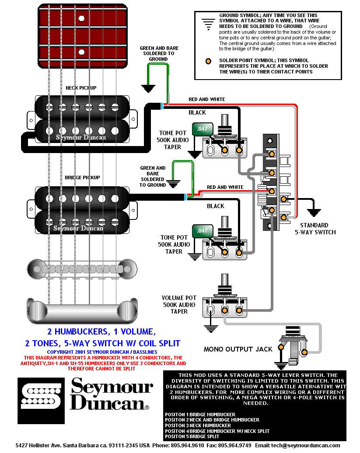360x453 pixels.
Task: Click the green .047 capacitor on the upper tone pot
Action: click(202, 129)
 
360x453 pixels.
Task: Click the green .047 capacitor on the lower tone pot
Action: click(202, 230)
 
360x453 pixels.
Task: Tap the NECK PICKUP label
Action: click(81, 88)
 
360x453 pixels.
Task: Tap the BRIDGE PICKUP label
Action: click(82, 178)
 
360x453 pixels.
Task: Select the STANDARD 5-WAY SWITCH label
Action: click(315, 229)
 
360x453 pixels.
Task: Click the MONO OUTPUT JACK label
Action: click(238, 349)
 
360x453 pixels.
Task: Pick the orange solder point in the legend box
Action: click(209, 61)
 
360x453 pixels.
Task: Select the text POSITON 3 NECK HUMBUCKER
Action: click(198, 425)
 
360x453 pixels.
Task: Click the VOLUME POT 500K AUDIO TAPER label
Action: click(179, 304)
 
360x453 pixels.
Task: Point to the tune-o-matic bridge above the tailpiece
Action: click(82, 268)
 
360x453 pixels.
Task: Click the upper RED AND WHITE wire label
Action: click(206, 100)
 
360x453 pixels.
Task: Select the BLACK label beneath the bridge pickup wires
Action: click(215, 206)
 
